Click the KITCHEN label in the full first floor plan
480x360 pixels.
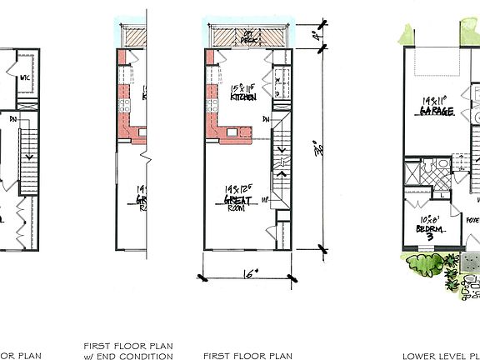tap(243, 97)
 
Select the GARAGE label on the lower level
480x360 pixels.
tap(436, 110)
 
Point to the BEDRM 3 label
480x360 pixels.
tap(430, 231)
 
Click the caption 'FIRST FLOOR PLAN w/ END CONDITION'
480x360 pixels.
tap(127, 349)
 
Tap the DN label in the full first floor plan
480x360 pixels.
tap(265, 119)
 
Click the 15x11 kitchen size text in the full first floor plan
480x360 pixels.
tap(243, 87)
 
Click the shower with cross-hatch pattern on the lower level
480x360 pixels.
tap(414, 177)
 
